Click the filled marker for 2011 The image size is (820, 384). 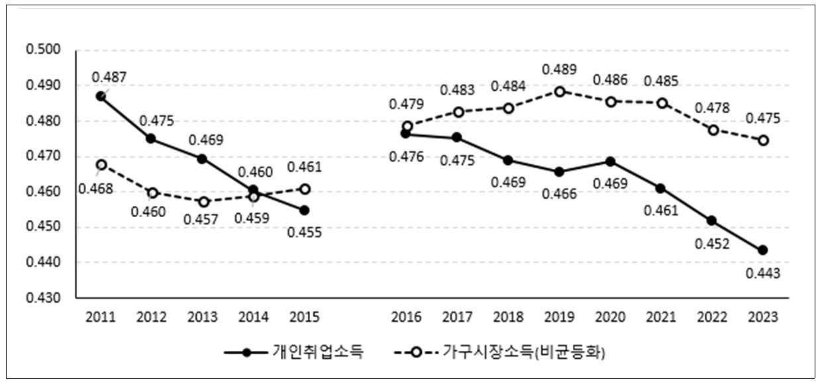(x=101, y=96)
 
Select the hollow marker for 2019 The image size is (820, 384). (x=560, y=91)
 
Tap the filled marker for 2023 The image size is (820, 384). (x=763, y=250)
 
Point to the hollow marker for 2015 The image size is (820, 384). (x=305, y=189)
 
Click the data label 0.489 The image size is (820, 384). (x=560, y=70)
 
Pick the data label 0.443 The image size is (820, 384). (x=763, y=273)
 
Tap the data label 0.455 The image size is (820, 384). (x=305, y=233)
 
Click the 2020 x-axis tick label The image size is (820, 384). (x=611, y=317)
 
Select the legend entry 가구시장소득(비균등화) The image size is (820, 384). (x=523, y=353)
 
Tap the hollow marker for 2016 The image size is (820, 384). (x=407, y=126)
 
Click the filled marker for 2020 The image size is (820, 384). (x=611, y=162)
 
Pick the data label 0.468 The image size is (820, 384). (x=95, y=189)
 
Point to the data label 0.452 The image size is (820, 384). (x=712, y=243)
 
